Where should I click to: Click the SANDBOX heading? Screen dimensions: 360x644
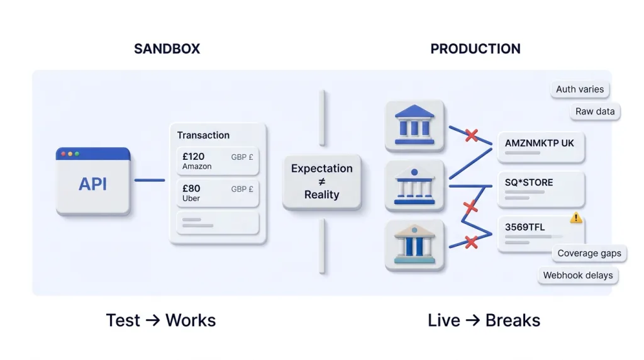(167, 49)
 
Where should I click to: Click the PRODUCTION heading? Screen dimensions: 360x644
(475, 49)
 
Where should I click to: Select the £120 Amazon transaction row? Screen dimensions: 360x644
(218, 161)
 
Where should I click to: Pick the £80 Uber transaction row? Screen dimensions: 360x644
(218, 193)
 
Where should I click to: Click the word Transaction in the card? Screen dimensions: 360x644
(203, 135)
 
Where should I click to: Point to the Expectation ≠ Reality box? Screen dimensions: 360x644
(321, 181)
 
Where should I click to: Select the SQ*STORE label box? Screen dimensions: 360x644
(540, 188)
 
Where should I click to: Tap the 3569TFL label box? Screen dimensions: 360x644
(540, 232)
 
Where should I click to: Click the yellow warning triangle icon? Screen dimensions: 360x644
(575, 218)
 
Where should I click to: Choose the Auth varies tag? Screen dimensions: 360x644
(579, 89)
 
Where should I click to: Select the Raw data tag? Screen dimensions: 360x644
(595, 112)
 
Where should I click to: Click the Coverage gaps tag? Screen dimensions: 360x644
(589, 254)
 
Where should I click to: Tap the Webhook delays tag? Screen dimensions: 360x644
(577, 276)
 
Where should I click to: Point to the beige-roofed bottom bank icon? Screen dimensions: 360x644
(414, 245)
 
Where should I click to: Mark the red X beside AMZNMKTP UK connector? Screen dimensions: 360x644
(470, 135)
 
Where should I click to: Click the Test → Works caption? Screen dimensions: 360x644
(161, 320)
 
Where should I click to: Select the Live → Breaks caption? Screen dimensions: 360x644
(484, 320)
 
